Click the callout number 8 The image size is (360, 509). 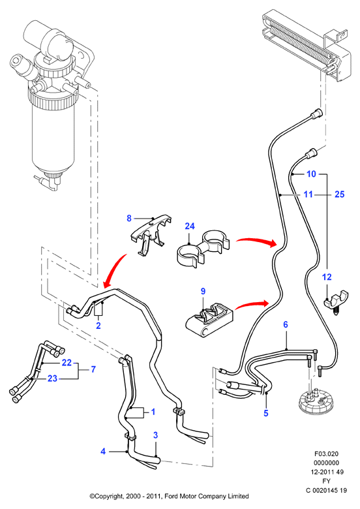[129, 219]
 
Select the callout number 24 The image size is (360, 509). [190, 226]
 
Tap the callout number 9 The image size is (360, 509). [203, 291]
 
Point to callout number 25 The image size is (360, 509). [339, 194]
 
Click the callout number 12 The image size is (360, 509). [327, 277]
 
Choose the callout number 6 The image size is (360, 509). [286, 324]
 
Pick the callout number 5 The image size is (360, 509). [266, 413]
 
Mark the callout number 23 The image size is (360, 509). [52, 378]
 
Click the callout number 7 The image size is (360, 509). [93, 369]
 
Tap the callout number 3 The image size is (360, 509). [155, 435]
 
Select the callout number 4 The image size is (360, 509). [103, 451]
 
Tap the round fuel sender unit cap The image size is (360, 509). [314, 402]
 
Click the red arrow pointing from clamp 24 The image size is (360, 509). [256, 241]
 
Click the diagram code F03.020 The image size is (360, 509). [326, 454]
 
